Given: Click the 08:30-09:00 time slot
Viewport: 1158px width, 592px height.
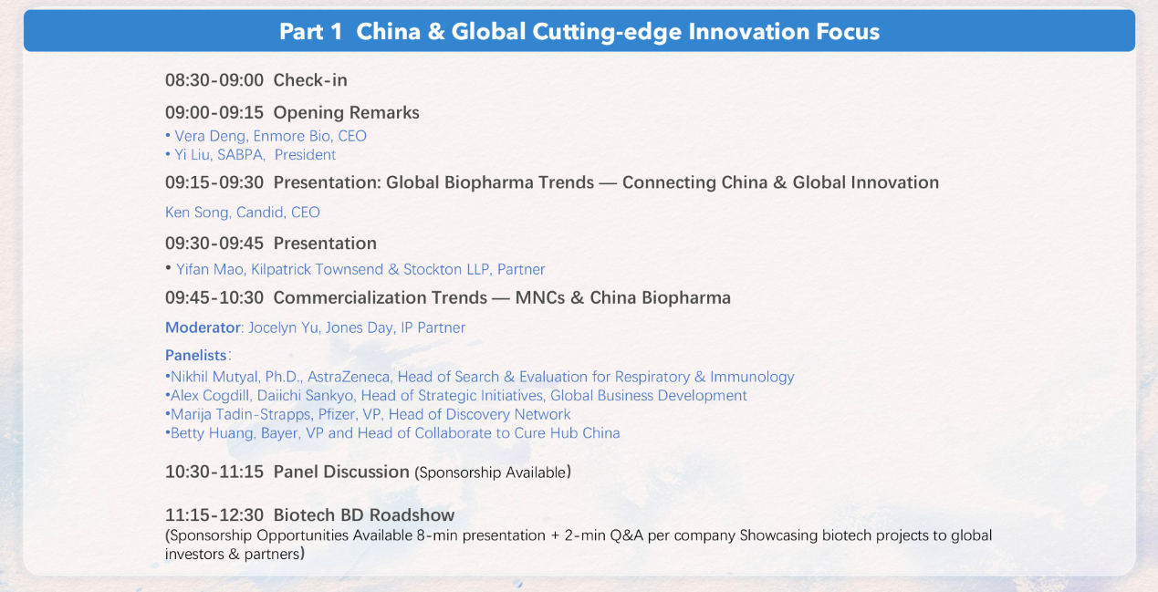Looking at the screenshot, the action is point(214,80).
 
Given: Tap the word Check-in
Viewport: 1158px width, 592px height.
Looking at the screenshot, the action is point(310,80).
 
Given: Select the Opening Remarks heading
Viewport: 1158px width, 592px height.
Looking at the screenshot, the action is point(347,112).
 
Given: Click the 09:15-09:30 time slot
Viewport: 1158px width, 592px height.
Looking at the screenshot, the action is point(214,182).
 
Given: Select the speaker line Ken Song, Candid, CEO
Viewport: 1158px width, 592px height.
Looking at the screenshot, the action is point(243,213).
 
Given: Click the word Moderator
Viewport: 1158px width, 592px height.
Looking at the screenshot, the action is point(203,327).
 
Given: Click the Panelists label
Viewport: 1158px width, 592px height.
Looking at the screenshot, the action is point(196,356).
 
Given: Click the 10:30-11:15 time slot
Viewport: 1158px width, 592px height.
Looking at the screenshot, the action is point(214,472).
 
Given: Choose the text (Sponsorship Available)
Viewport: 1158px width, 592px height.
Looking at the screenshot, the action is point(493,473).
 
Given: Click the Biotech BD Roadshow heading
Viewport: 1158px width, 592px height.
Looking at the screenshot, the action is point(364,515).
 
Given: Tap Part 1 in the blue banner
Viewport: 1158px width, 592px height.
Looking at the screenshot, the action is point(310,32).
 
